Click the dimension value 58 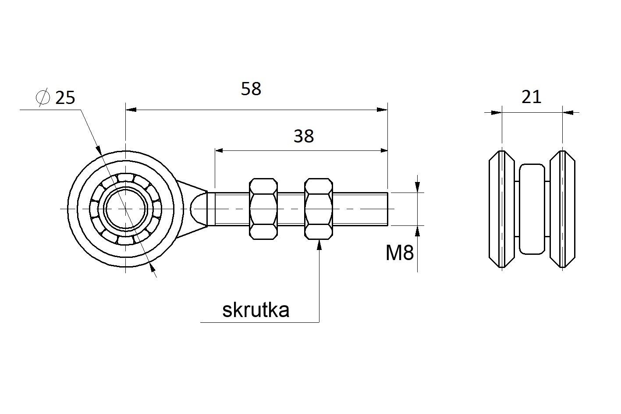(x=251, y=89)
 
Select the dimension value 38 (x=304, y=136)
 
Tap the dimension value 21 (x=531, y=97)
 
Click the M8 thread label (x=400, y=253)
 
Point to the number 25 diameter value (x=65, y=98)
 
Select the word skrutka (x=255, y=310)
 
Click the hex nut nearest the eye (x=263, y=209)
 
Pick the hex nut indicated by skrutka (x=319, y=209)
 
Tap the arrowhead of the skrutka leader (x=319, y=245)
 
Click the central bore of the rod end (x=126, y=209)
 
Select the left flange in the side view (x=502, y=209)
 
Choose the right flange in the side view (x=563, y=209)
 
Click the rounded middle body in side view (x=532, y=209)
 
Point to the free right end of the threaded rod (x=387, y=209)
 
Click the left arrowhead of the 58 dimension (x=131, y=110)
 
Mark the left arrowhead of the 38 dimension (x=219, y=150)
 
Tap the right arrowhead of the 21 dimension (x=568, y=113)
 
